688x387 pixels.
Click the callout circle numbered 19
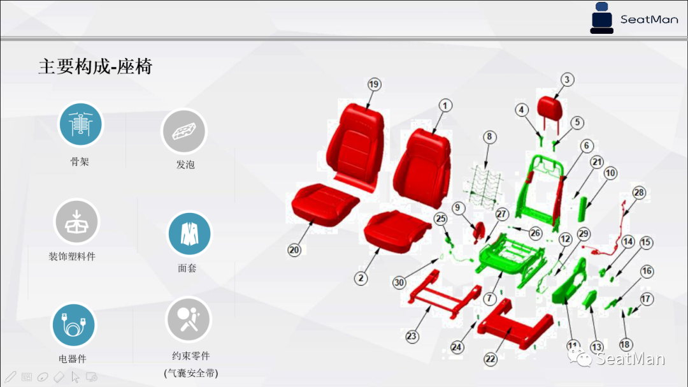point(374,84)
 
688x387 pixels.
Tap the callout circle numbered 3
point(567,80)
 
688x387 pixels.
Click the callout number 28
point(639,193)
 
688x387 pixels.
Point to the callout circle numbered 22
point(490,359)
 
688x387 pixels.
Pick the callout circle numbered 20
point(294,251)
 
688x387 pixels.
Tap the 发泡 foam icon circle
point(184,131)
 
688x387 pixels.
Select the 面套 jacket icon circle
point(189,234)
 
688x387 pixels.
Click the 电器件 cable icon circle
point(73,325)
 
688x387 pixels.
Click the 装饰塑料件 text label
point(72,256)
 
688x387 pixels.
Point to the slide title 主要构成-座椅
point(96,66)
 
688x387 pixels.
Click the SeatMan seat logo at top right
point(601,18)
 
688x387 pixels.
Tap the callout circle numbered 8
point(489,136)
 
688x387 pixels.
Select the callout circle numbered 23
point(412,335)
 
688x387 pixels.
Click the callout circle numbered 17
point(647,298)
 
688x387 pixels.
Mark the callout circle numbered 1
point(445,105)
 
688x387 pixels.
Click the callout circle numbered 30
point(399,282)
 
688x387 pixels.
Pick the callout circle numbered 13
point(596,347)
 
